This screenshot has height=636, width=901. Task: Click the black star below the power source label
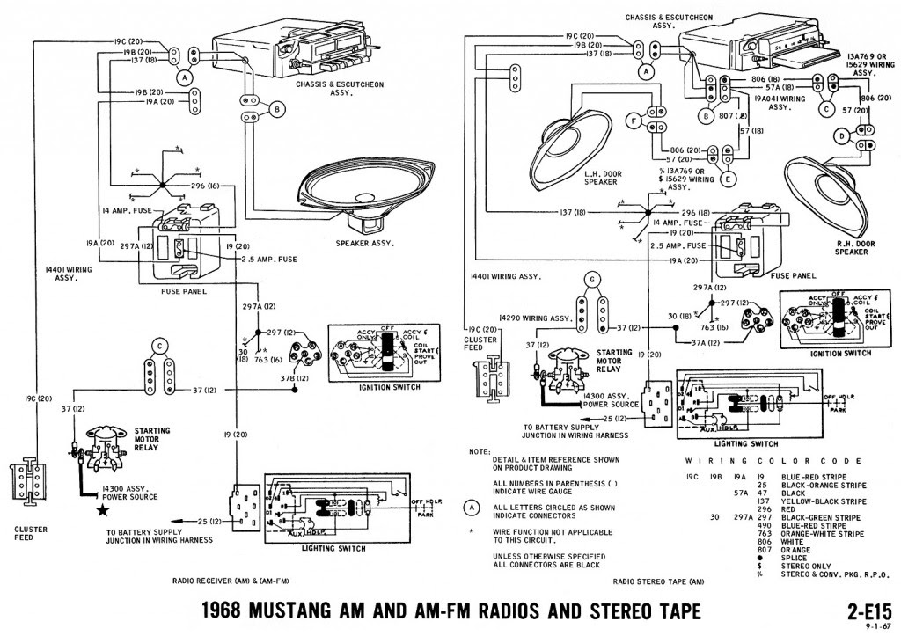(x=102, y=510)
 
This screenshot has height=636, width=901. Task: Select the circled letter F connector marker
(x=631, y=120)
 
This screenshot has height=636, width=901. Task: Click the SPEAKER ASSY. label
(x=363, y=244)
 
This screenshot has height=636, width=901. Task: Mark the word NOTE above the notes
(x=480, y=451)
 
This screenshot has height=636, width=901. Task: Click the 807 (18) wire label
(x=729, y=116)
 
